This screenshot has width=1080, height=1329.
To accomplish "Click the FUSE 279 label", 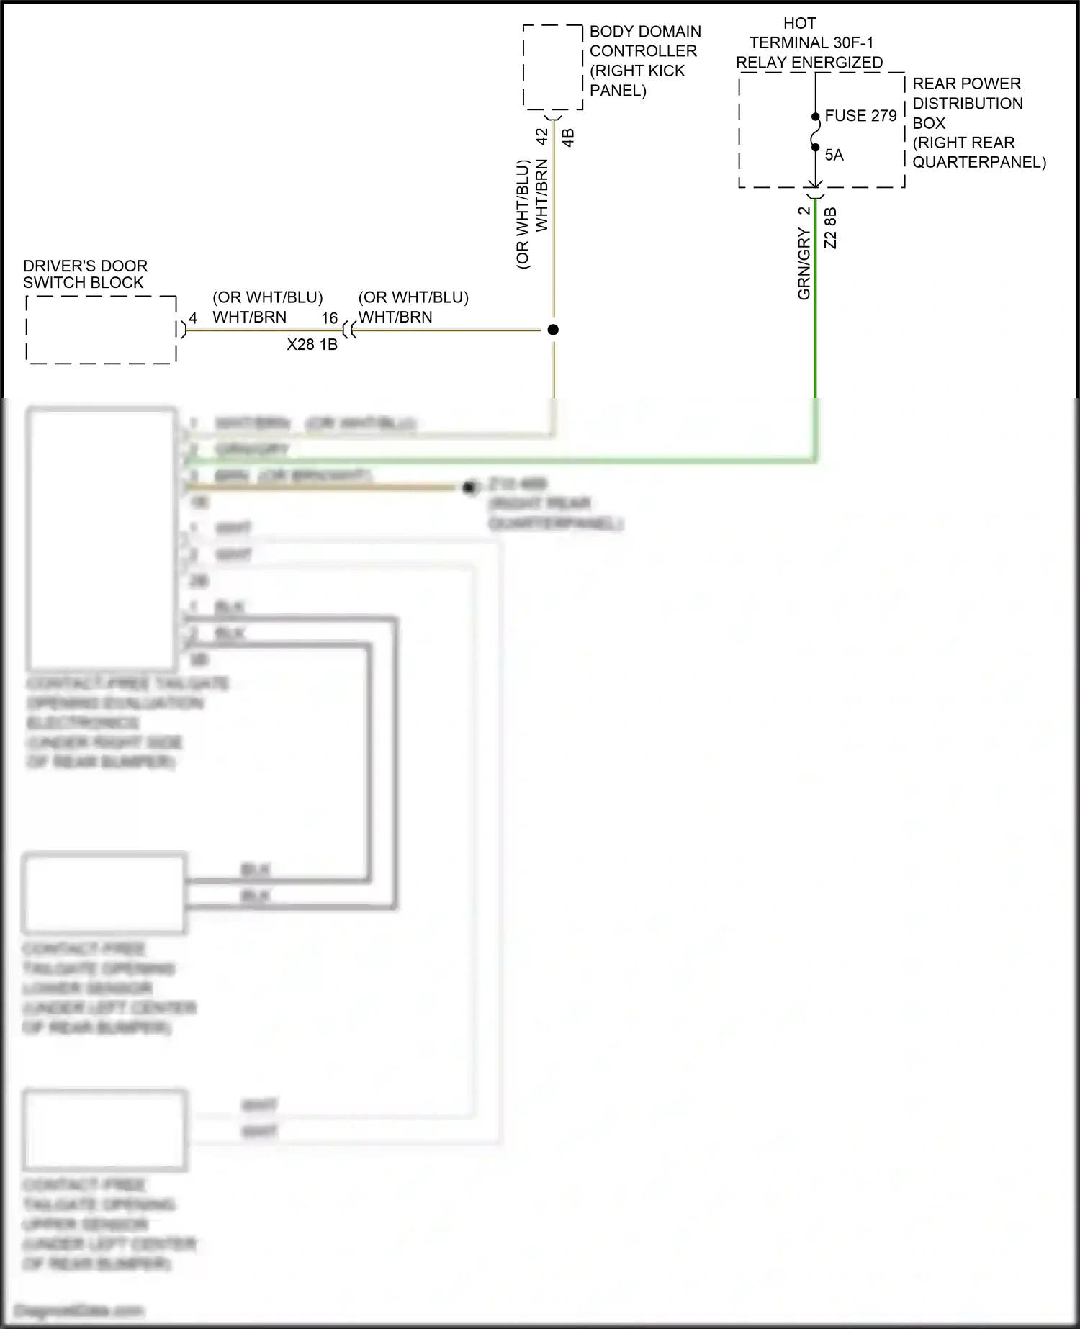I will point(860,116).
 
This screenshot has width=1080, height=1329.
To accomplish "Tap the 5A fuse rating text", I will point(834,156).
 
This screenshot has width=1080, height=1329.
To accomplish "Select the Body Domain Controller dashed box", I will point(552,68).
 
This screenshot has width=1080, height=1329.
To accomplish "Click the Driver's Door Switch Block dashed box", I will point(102,330).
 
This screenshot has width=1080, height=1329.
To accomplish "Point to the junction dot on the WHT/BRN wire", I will point(553,330).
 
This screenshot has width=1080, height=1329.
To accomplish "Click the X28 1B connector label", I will point(312,345).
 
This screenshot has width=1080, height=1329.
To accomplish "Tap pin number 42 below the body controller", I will point(541,135).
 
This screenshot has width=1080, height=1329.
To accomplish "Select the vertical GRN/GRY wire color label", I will point(804,263).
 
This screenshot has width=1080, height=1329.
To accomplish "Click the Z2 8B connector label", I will point(830,228).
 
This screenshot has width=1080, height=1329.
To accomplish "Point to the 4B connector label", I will point(568,138).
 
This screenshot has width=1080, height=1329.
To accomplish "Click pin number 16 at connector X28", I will point(329,318).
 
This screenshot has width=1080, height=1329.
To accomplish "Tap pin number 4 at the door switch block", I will point(193,318).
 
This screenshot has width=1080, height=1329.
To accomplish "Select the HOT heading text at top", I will point(799,24).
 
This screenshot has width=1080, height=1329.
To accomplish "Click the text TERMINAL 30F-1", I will point(811,43).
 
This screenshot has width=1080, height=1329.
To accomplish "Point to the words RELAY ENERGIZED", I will point(809,63).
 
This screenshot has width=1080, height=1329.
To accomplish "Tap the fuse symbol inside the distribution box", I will point(815,132).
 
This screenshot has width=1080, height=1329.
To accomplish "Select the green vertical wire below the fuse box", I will point(815,302).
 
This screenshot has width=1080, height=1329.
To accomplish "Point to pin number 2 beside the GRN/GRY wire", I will point(804,211).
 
